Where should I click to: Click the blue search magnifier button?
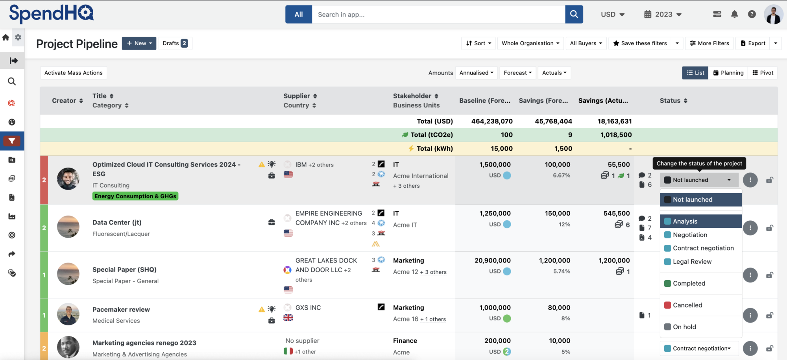point(574,15)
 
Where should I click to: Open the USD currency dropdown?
point(612,15)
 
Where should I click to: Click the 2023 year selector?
point(663,15)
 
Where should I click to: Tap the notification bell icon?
point(734,15)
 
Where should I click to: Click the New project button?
point(139,43)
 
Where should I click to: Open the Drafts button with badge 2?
point(175,43)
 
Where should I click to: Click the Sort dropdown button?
point(478,43)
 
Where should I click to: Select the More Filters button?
point(709,43)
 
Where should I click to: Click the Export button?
point(753,43)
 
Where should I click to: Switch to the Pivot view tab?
point(763,73)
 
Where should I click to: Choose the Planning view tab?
point(728,73)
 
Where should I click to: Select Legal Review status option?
point(692,262)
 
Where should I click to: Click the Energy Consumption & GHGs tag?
point(135,196)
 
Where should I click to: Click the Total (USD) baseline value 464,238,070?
point(492,121)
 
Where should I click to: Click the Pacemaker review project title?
point(121,310)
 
